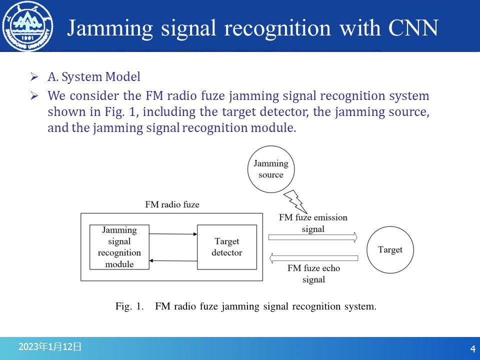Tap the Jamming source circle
(271, 169)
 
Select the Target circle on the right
(390, 249)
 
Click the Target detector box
(227, 247)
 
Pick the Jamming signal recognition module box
(119, 247)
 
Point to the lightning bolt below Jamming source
(294, 201)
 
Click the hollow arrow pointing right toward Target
(313, 237)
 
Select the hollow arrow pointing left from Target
(313, 258)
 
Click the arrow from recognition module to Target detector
(173, 233)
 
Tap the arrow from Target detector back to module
(173, 260)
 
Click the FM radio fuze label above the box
(172, 204)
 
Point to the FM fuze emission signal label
(313, 223)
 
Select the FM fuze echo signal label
(313, 274)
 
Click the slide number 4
(472, 348)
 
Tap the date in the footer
(49, 346)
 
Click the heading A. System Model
(94, 77)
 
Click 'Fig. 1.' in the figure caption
(129, 306)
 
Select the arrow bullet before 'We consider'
(34, 95)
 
